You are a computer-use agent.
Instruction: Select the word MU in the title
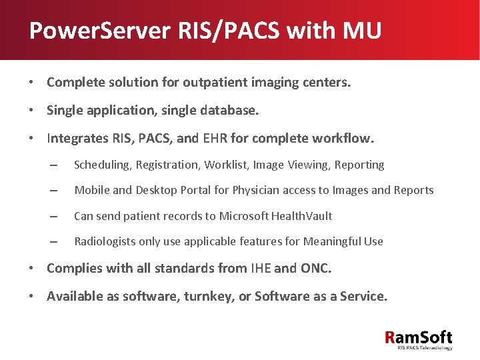[361, 30]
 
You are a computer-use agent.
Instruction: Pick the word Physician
[256, 190]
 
